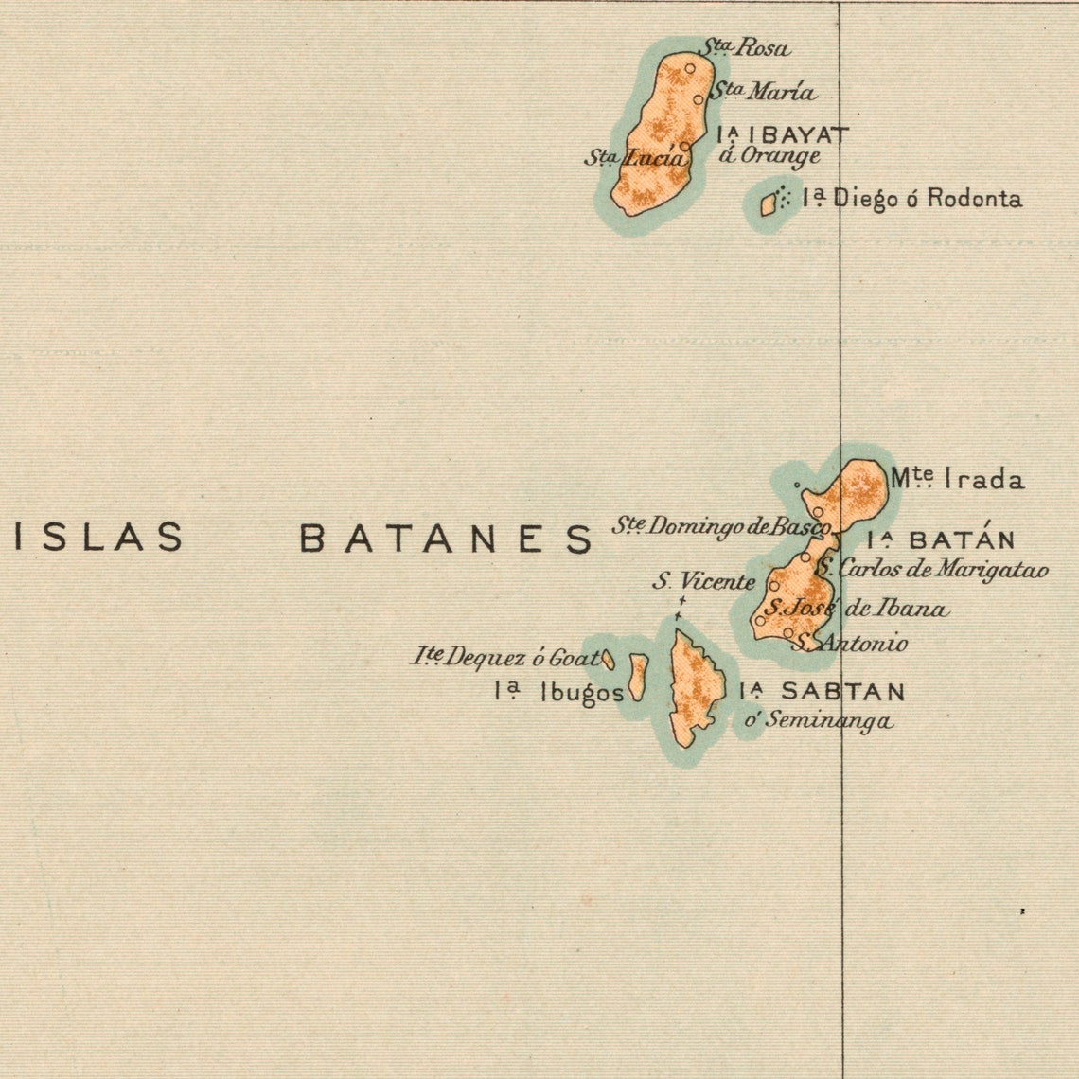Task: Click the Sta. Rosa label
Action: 744,47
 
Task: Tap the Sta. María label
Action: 763,92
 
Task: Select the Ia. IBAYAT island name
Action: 783,134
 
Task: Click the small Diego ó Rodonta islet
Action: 769,203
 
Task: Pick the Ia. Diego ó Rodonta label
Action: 911,199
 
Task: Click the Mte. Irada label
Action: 956,480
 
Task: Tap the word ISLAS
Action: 99,538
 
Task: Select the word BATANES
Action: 446,539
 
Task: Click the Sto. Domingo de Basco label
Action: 721,526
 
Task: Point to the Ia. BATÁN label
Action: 941,540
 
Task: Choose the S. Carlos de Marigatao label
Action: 932,570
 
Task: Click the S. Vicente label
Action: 703,582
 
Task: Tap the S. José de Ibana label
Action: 857,609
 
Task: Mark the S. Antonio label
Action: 850,644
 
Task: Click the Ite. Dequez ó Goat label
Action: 505,656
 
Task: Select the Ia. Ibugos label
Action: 558,693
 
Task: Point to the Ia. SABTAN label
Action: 822,692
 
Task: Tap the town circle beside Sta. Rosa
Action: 690,68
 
